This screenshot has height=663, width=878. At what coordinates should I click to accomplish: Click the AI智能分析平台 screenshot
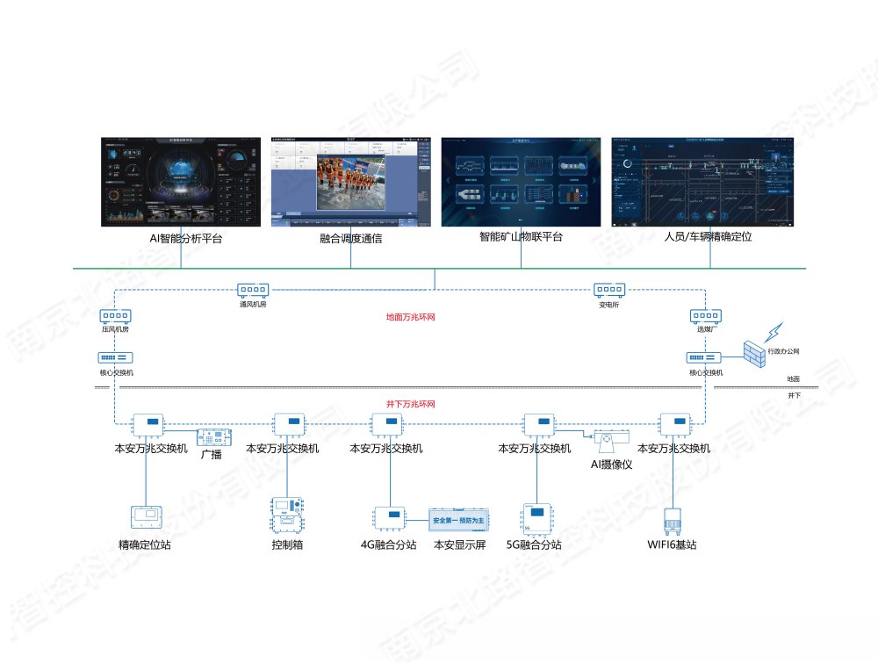coord(180,181)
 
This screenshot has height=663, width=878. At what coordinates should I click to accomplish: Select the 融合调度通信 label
coord(351,238)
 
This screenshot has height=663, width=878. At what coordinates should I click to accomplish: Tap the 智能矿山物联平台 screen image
coord(521,181)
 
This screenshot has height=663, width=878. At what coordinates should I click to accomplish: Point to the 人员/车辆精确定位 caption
coord(709,237)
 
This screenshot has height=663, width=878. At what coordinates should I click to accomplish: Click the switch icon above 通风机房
coord(252,290)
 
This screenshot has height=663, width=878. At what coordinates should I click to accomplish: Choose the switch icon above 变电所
coord(608,290)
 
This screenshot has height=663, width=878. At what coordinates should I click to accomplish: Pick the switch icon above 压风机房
coord(115,316)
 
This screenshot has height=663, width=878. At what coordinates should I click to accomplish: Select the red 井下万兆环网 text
coord(411,404)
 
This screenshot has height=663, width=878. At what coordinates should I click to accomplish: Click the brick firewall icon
coord(753,353)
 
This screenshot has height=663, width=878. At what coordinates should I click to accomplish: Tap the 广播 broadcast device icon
coord(213,436)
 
